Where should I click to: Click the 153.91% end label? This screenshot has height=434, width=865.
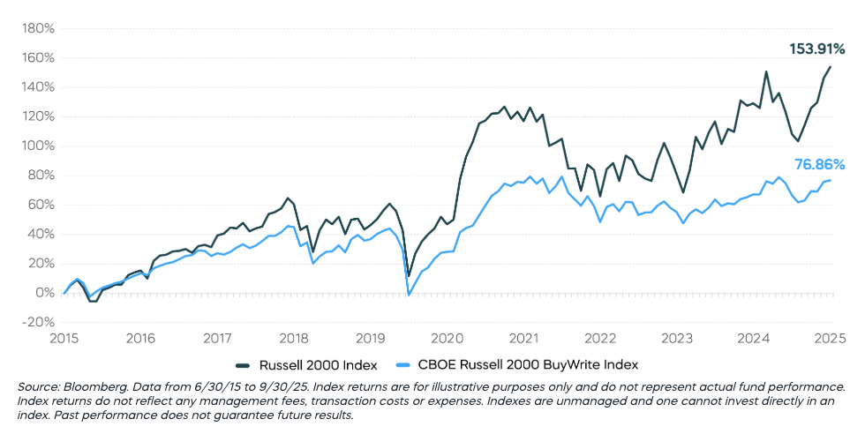[816, 49]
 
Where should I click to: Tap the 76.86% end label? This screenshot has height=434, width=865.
[820, 164]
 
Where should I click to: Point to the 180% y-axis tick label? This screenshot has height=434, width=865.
[38, 28]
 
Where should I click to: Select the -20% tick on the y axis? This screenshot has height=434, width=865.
[38, 322]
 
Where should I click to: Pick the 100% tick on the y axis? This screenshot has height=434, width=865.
[38, 146]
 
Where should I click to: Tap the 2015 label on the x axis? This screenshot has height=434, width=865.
[64, 338]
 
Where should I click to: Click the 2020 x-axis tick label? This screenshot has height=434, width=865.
[448, 338]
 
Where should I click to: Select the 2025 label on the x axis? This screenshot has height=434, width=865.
[831, 338]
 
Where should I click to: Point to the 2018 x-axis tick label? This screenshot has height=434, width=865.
[295, 338]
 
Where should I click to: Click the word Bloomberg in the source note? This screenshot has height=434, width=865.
[92, 387]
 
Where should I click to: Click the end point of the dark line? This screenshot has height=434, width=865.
[831, 67]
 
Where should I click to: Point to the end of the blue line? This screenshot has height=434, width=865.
[831, 180]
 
